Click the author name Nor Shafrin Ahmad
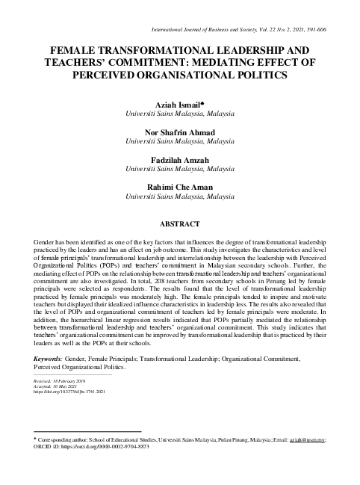click(179, 132)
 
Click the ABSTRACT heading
click(179, 223)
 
